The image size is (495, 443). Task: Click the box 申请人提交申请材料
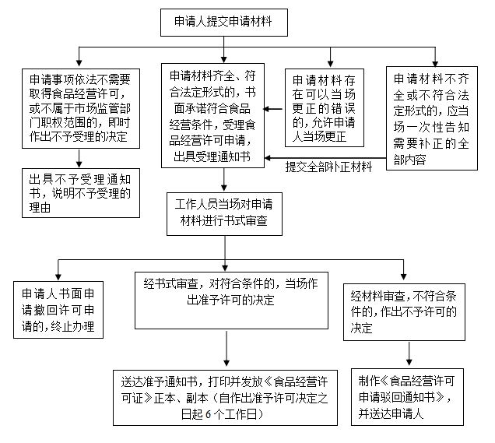click(x=224, y=21)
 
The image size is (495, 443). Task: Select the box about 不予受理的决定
click(x=80, y=108)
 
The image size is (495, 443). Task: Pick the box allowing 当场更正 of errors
click(x=331, y=108)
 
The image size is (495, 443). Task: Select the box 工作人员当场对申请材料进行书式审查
click(x=224, y=213)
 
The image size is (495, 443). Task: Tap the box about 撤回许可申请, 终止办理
click(x=58, y=310)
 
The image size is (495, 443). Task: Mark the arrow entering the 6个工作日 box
click(x=226, y=361)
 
